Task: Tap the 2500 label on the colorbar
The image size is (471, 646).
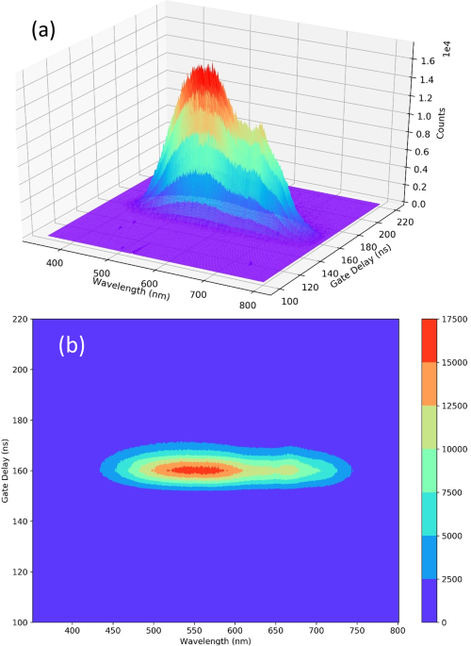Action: (x=447, y=579)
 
